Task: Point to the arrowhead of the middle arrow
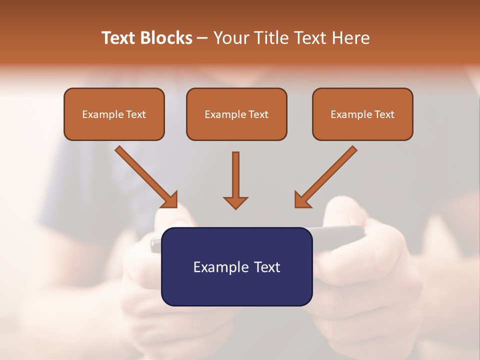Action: [x=235, y=202]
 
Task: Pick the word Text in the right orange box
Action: [x=384, y=114]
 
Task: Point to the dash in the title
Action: [x=202, y=38]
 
